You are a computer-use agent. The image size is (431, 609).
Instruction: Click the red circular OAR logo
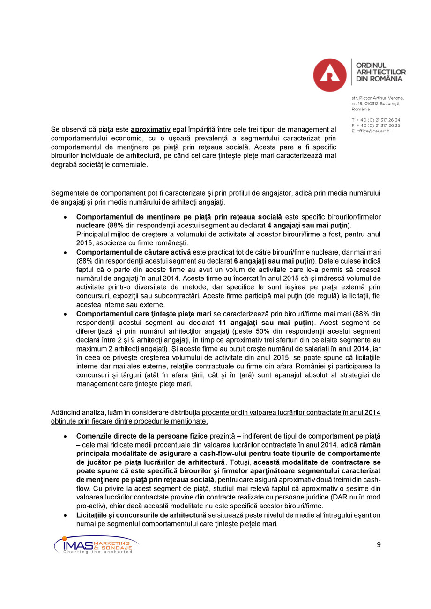point(330,75)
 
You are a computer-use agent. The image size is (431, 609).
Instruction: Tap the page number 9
point(379,544)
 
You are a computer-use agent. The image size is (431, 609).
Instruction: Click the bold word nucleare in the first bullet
point(91,225)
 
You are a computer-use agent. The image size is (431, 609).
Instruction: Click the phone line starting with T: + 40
point(376,120)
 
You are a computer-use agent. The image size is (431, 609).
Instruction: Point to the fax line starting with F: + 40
point(376,125)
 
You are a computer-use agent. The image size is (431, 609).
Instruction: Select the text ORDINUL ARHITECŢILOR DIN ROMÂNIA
point(380,72)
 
